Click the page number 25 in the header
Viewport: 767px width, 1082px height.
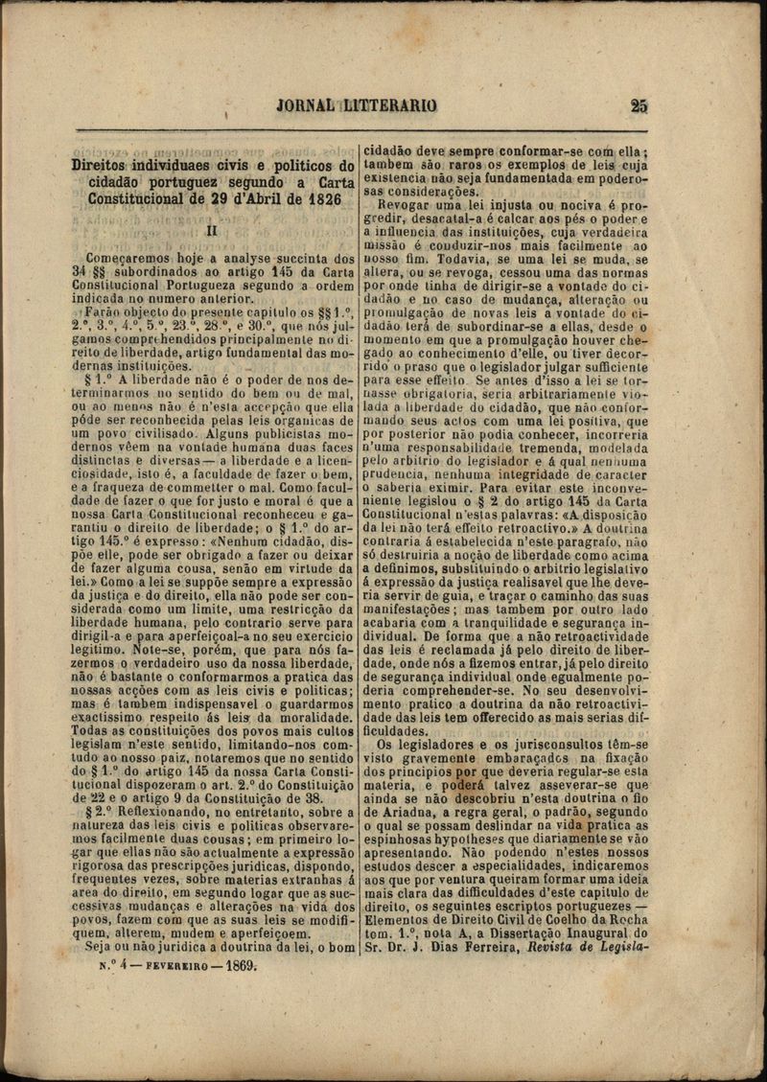click(x=639, y=106)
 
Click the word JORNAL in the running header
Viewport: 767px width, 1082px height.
click(x=305, y=106)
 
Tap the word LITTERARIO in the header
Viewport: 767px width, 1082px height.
click(x=389, y=106)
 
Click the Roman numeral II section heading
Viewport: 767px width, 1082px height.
click(x=213, y=230)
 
